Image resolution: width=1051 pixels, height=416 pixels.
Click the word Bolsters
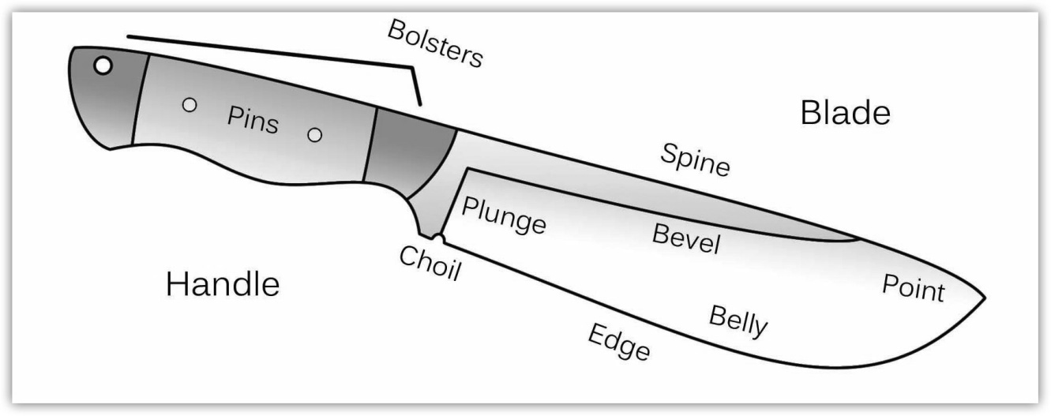[434, 44]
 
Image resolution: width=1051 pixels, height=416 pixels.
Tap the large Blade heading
[845, 114]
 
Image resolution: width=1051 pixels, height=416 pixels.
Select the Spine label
[695, 161]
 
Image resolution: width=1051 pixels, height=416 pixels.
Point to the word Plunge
[504, 215]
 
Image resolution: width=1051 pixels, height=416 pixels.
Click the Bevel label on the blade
[686, 238]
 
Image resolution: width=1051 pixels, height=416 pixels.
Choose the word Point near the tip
[913, 288]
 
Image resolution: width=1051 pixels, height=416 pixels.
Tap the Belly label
[738, 320]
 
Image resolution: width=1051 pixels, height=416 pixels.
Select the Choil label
[430, 264]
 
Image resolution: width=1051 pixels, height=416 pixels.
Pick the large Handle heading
[223, 284]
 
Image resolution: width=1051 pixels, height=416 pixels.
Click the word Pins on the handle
[253, 119]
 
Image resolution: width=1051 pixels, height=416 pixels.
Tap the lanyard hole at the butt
[103, 66]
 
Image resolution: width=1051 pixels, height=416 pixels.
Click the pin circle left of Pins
[190, 104]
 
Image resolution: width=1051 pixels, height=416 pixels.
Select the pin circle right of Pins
[314, 135]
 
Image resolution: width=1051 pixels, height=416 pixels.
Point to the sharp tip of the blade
[984, 298]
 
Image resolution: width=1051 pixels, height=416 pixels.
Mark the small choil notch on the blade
[440, 238]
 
